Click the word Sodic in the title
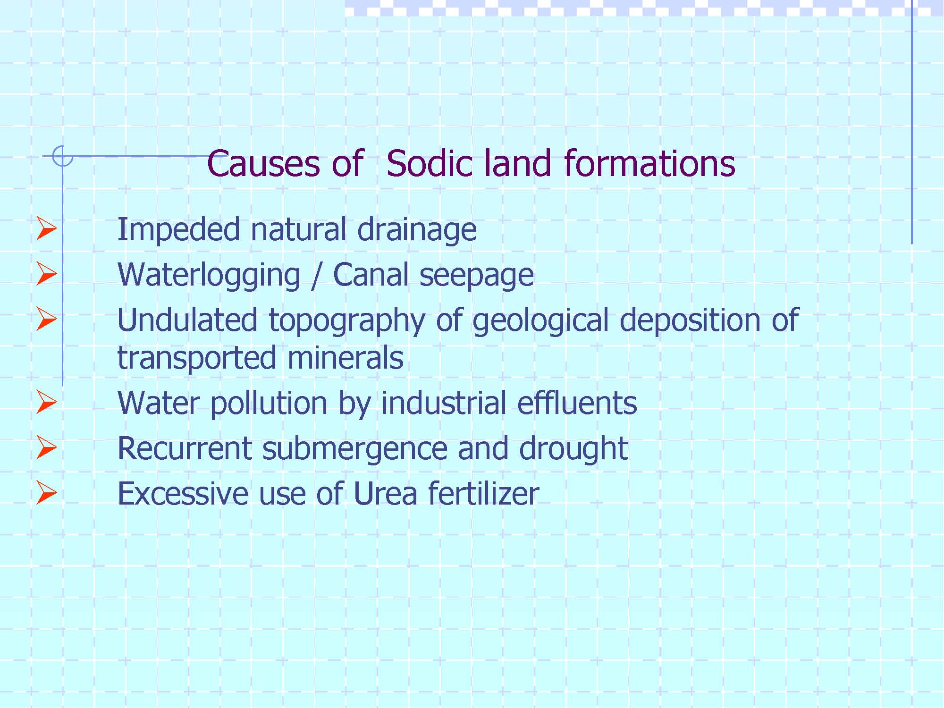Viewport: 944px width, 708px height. click(x=429, y=163)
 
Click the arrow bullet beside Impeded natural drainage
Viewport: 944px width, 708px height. click(x=46, y=228)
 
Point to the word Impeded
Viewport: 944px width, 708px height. click(x=178, y=230)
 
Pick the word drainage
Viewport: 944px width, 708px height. click(x=417, y=230)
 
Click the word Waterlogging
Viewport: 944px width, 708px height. click(x=209, y=275)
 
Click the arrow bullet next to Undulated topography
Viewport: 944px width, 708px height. click(x=46, y=319)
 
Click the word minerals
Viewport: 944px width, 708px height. click(x=345, y=357)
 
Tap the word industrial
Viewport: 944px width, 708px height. click(x=444, y=403)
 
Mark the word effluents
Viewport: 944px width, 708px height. click(x=577, y=403)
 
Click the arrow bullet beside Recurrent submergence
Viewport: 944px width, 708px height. click(x=46, y=447)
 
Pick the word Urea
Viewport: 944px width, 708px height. click(x=385, y=494)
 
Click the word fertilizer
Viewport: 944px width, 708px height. click(x=484, y=494)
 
